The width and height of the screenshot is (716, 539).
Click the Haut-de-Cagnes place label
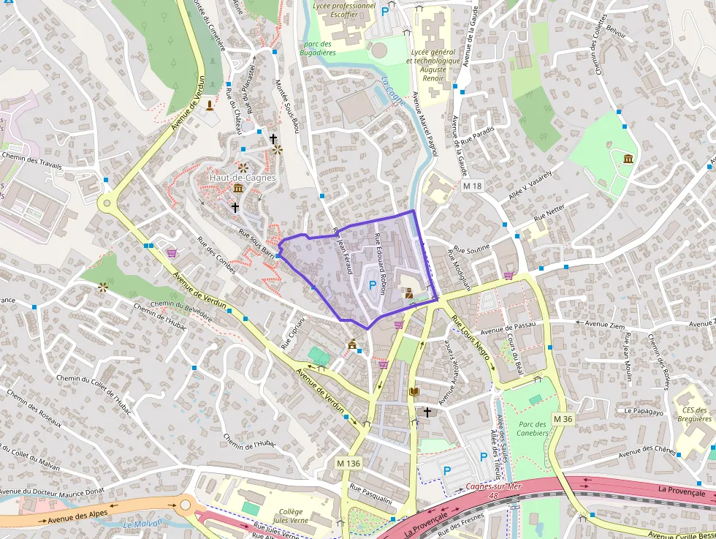click(242, 178)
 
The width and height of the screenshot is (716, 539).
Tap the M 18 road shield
click(473, 186)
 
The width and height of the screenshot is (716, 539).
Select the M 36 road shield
click(562, 418)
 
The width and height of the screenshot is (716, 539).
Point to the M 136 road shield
click(349, 464)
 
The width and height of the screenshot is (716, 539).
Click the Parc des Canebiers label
click(532, 429)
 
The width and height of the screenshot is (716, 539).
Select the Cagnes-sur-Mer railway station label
click(494, 486)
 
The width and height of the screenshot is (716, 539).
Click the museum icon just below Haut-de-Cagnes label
click(238, 189)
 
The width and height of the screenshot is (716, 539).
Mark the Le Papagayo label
click(643, 411)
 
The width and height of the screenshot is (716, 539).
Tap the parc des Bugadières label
click(317, 48)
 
